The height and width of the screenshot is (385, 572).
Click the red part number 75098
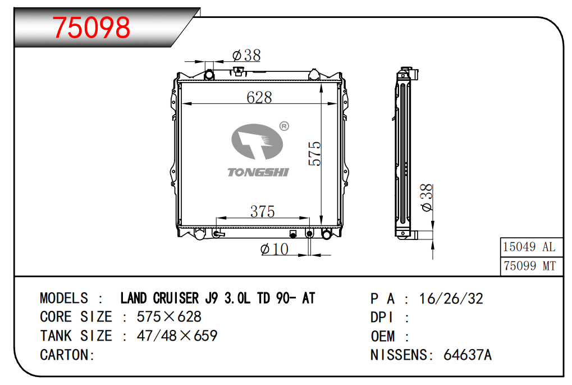point(91,28)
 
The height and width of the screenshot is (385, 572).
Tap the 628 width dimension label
point(259,97)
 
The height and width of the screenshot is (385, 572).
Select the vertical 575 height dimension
point(314,154)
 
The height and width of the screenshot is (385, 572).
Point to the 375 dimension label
point(262,211)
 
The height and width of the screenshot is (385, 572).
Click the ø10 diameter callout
point(274,249)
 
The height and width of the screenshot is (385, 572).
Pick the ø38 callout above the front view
point(246,56)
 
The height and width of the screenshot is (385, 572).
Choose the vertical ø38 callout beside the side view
point(426,198)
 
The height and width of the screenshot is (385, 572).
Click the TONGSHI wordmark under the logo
point(258,172)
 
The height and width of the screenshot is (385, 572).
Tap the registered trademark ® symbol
point(284,126)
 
